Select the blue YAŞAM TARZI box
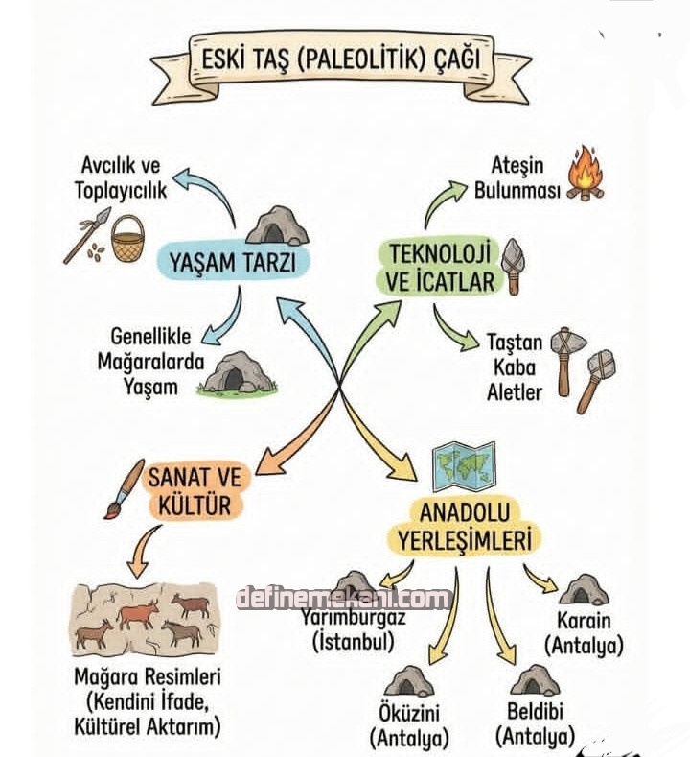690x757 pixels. [x=230, y=261]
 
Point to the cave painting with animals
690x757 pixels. [x=141, y=618]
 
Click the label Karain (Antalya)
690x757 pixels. [x=584, y=632]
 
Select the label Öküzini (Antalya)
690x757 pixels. [x=409, y=726]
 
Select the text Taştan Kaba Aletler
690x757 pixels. [x=514, y=367]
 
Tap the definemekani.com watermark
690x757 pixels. [x=343, y=599]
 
